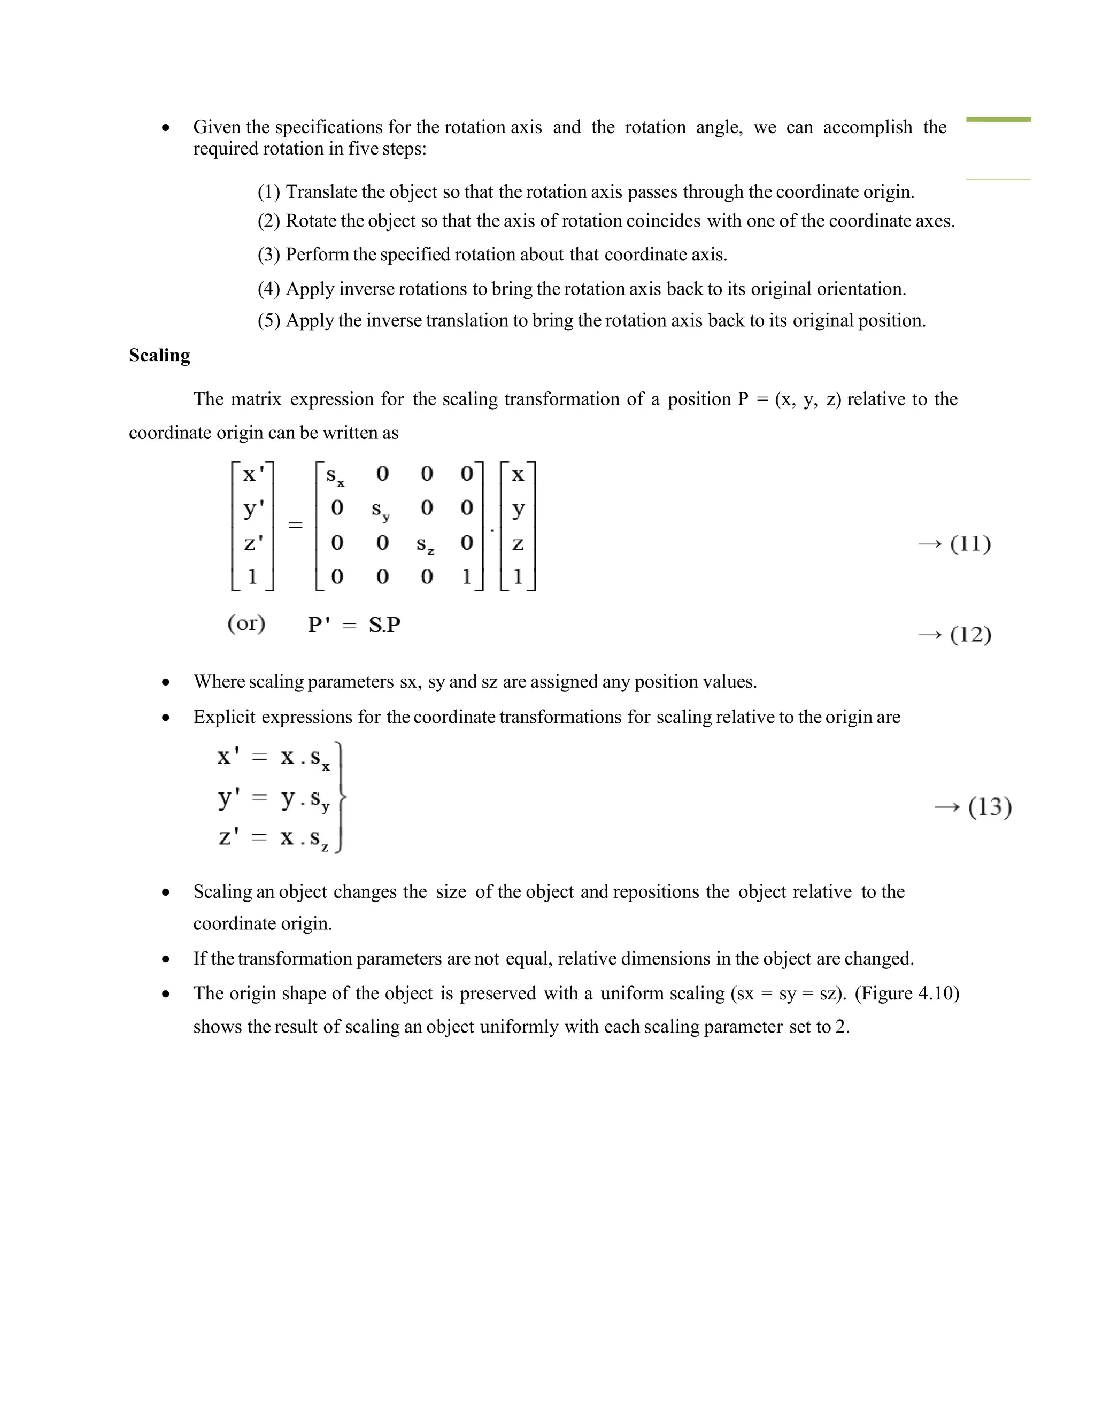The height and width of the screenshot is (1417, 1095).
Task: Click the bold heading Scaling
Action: pyautogui.click(x=159, y=356)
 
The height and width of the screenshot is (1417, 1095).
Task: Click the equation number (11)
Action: pyautogui.click(x=970, y=543)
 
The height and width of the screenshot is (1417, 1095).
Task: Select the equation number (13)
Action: pyautogui.click(x=989, y=806)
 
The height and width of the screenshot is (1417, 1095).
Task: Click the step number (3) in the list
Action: pyautogui.click(x=268, y=255)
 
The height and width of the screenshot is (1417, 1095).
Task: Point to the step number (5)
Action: pyautogui.click(x=268, y=320)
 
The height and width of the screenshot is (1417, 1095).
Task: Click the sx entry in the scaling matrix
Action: pyautogui.click(x=335, y=475)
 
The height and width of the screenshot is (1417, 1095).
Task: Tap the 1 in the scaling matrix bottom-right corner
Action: pyautogui.click(x=466, y=576)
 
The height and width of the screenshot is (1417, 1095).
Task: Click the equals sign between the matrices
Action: pyautogui.click(x=295, y=525)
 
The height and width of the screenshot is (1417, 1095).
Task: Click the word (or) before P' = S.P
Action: pyautogui.click(x=246, y=623)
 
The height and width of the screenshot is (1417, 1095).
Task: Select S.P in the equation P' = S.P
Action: pyautogui.click(x=384, y=625)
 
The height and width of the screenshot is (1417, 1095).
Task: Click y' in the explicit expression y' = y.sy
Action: pyautogui.click(x=228, y=797)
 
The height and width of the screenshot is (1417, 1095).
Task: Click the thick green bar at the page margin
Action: pyautogui.click(x=998, y=119)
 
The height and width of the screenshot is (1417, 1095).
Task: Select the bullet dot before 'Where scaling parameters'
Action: pyautogui.click(x=166, y=682)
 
